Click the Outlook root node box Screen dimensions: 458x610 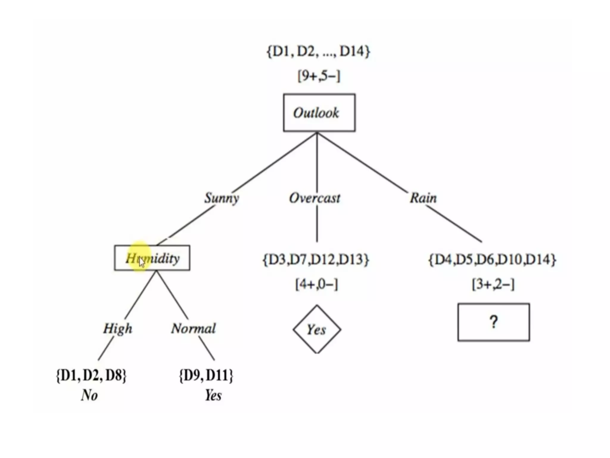click(x=319, y=113)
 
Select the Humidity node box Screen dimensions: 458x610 click(x=152, y=258)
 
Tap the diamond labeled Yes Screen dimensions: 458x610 click(x=317, y=329)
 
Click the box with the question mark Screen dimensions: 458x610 click(x=494, y=322)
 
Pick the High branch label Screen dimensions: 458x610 click(x=118, y=329)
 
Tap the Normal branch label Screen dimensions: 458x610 click(x=193, y=329)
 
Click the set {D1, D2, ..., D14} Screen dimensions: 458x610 click(x=318, y=51)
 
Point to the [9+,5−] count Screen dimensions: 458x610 click(x=319, y=76)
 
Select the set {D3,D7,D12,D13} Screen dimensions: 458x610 click(x=316, y=259)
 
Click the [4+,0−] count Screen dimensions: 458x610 click(x=317, y=284)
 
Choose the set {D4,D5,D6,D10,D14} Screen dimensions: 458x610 click(x=492, y=259)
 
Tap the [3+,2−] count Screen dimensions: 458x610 click(x=493, y=284)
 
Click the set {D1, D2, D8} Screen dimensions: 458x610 click(x=91, y=375)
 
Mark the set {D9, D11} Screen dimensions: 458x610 click(x=206, y=375)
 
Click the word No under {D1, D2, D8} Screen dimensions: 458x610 click(x=89, y=395)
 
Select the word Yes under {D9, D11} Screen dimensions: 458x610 click(x=213, y=395)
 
